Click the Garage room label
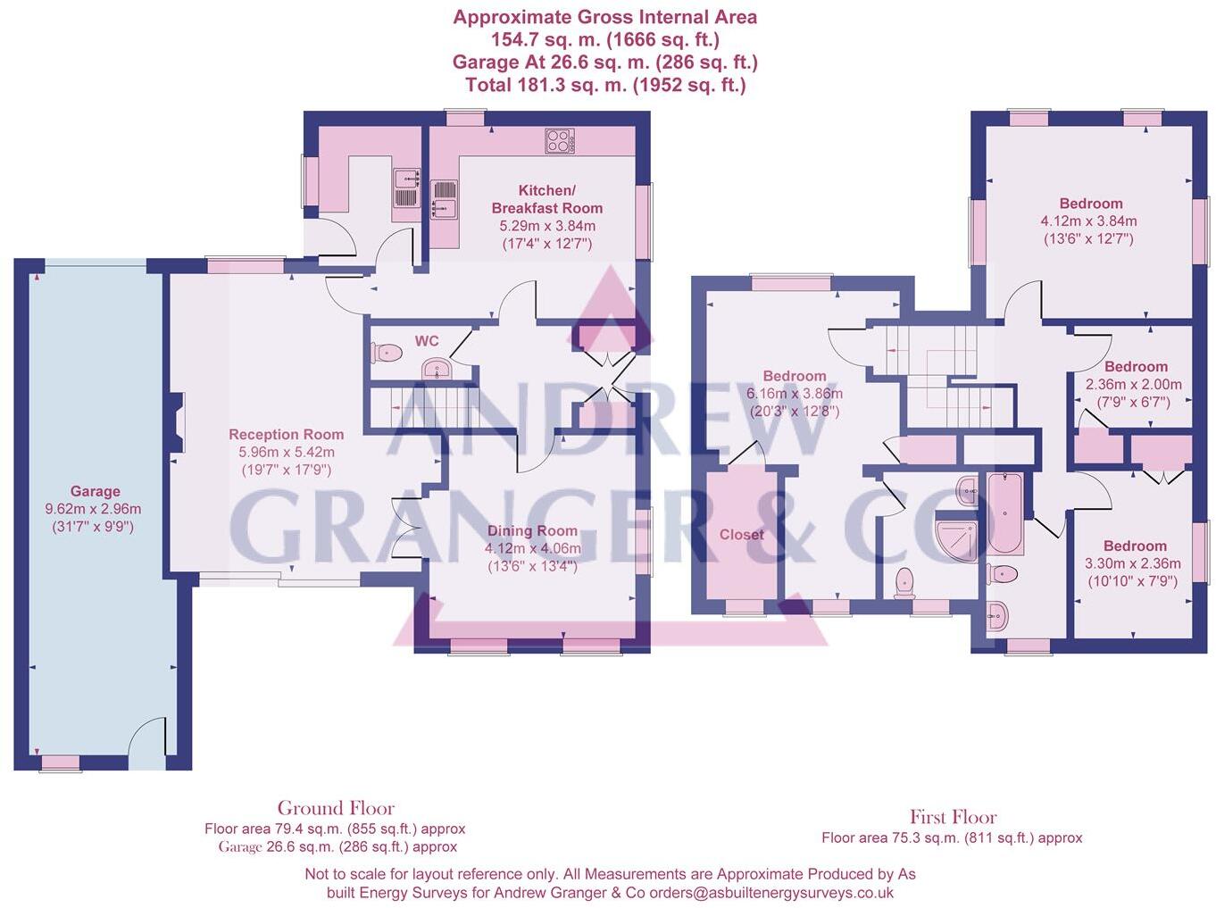[95, 491]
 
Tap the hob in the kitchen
[560, 141]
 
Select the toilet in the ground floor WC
[386, 353]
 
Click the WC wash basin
[437, 368]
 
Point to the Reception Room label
[286, 434]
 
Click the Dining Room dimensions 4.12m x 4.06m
[532, 548]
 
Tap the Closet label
[741, 534]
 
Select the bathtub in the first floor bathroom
[1005, 513]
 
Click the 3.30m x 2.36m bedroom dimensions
[1132, 563]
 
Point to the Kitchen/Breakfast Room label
[546, 199]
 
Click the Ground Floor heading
[336, 808]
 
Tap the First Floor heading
[953, 817]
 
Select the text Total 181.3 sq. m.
[546, 85]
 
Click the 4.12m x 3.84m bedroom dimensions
[1088, 221]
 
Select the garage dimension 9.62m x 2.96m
[93, 509]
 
